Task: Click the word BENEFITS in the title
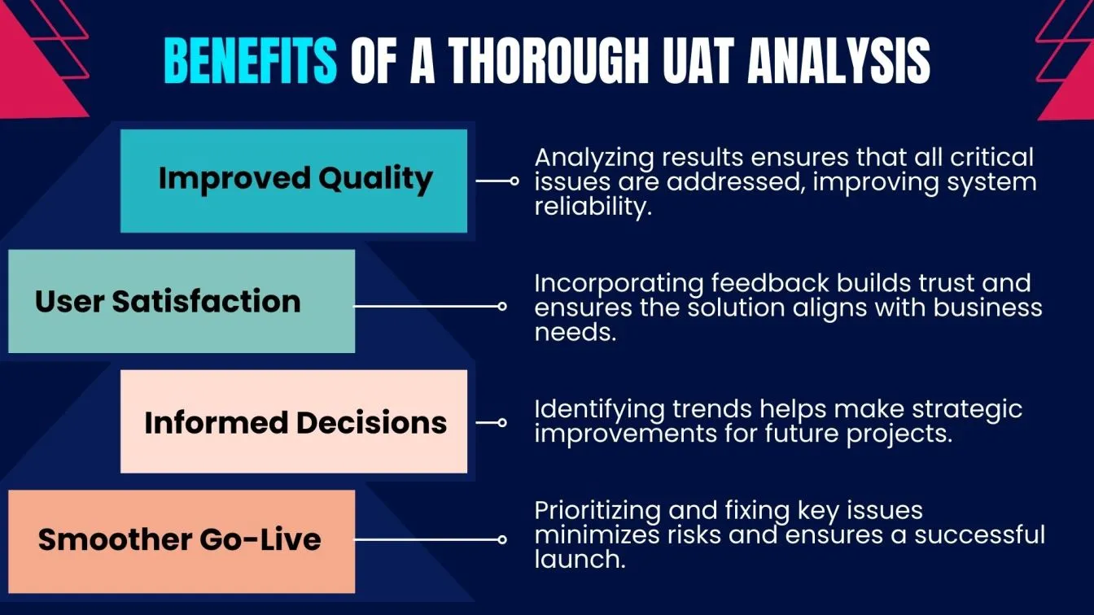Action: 250,60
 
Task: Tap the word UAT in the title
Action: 697,60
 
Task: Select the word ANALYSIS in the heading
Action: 845,60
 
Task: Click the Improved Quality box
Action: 294,181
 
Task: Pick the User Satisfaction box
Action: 181,302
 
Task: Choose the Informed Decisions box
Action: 294,422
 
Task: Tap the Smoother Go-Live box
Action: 181,541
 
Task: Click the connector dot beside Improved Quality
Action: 514,181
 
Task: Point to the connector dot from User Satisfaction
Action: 502,307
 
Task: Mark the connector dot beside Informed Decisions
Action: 502,423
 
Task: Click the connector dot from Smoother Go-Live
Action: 502,539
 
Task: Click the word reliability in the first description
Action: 592,207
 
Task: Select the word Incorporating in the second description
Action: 619,284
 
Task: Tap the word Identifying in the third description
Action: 599,409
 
